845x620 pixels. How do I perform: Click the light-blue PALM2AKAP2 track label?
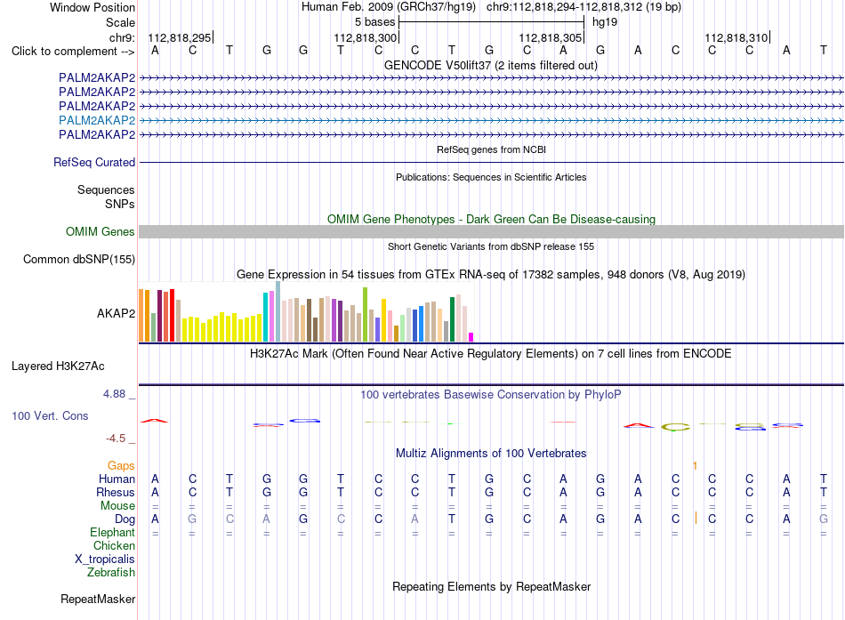coord(97,120)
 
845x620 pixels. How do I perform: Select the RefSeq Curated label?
coord(94,162)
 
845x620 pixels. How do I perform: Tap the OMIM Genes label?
coord(101,232)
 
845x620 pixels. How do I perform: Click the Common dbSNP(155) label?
coord(79,260)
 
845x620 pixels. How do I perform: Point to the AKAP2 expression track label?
coord(116,313)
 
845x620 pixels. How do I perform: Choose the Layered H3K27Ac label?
coord(58,366)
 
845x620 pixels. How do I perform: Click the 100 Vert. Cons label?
coord(50,415)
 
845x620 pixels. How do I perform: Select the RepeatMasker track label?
coord(98,599)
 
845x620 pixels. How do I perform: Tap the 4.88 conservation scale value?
coord(114,394)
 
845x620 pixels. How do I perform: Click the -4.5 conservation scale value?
coord(116,439)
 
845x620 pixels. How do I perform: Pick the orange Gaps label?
coord(121,465)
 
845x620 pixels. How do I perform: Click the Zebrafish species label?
coord(111,572)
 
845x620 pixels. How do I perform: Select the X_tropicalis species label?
coord(105,560)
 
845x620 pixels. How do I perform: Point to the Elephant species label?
coord(113,532)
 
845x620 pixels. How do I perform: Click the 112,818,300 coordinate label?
coord(365,37)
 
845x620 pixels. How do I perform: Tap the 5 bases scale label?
coord(375,22)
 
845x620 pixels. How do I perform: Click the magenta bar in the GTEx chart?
coord(471,337)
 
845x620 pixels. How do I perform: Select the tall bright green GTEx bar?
coord(365,314)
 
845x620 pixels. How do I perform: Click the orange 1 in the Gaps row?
coord(696,465)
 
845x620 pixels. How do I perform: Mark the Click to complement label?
coord(73,52)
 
